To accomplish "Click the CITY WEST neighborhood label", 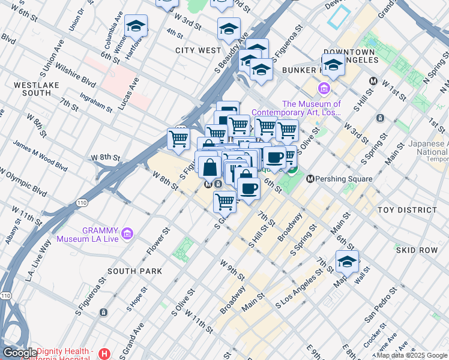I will pyautogui.click(x=198, y=50).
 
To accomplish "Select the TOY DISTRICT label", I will pyautogui.click(x=408, y=210).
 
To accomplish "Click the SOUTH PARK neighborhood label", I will pyautogui.click(x=135, y=271).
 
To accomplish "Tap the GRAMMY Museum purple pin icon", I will pyautogui.click(x=127, y=233).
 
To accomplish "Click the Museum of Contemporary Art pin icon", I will pyautogui.click(x=324, y=90).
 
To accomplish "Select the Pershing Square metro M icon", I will pyautogui.click(x=310, y=179).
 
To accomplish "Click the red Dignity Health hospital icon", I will pyautogui.click(x=106, y=354).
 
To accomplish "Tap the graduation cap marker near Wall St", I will pyautogui.click(x=347, y=261).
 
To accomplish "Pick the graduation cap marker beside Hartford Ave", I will pyautogui.click(x=136, y=26).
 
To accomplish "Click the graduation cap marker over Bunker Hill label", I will pyautogui.click(x=333, y=65).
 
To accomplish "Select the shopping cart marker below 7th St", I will pyautogui.click(x=224, y=202).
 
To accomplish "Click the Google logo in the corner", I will pyautogui.click(x=20, y=353).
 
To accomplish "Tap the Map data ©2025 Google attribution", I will pyautogui.click(x=412, y=355).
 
